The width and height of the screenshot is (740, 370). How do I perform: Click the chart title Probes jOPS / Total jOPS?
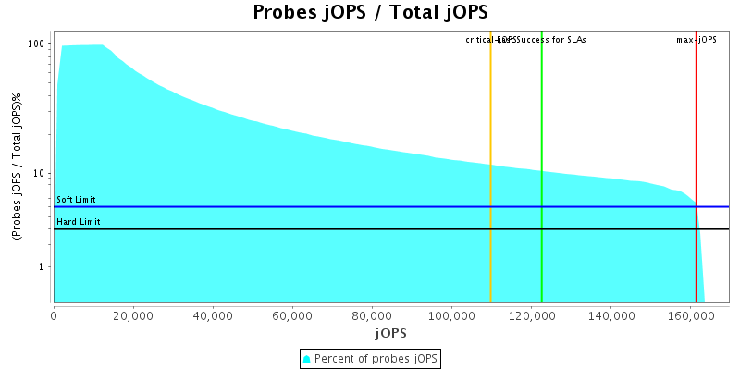click(370, 13)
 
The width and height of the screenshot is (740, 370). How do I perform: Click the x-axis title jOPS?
click(390, 332)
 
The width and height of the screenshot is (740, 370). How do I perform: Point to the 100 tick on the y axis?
click(37, 44)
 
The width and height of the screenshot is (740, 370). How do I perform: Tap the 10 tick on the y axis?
click(40, 174)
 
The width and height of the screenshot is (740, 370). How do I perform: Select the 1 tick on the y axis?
click(43, 267)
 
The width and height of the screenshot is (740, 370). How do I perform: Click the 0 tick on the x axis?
click(54, 314)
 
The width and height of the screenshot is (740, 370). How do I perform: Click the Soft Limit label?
click(76, 200)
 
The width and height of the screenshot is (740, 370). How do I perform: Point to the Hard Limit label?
click(79, 222)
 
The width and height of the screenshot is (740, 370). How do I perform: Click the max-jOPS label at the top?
click(697, 40)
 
